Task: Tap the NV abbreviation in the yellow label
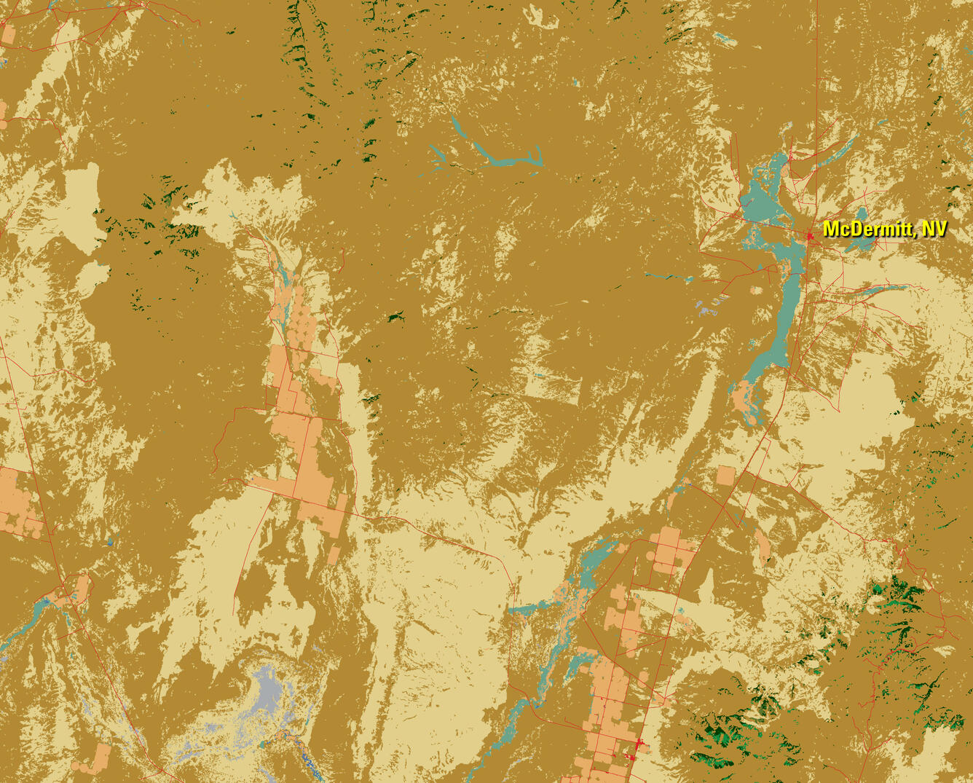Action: (934, 229)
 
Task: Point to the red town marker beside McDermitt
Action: (809, 235)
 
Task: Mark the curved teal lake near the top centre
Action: (503, 157)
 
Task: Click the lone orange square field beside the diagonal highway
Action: (726, 476)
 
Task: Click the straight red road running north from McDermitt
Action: (817, 109)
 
